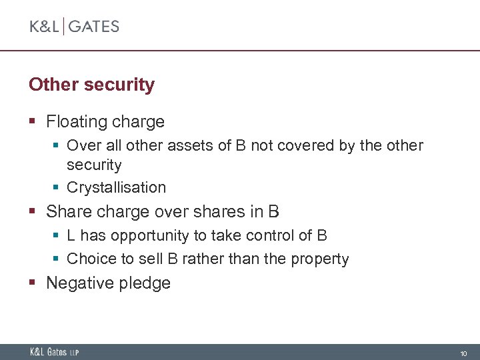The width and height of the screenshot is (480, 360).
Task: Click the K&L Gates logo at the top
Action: [x=74, y=27]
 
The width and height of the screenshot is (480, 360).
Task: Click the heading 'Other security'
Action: [x=91, y=85]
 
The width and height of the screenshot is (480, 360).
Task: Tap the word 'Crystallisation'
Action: [x=116, y=188]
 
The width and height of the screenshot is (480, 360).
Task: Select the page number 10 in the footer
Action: [x=463, y=353]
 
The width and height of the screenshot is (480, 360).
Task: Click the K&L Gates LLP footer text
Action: [x=54, y=352]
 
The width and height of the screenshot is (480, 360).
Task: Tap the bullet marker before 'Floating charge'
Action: [x=33, y=122]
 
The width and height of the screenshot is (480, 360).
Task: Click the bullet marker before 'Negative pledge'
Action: [x=33, y=283]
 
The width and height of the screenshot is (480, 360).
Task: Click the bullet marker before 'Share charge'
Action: [x=33, y=212]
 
